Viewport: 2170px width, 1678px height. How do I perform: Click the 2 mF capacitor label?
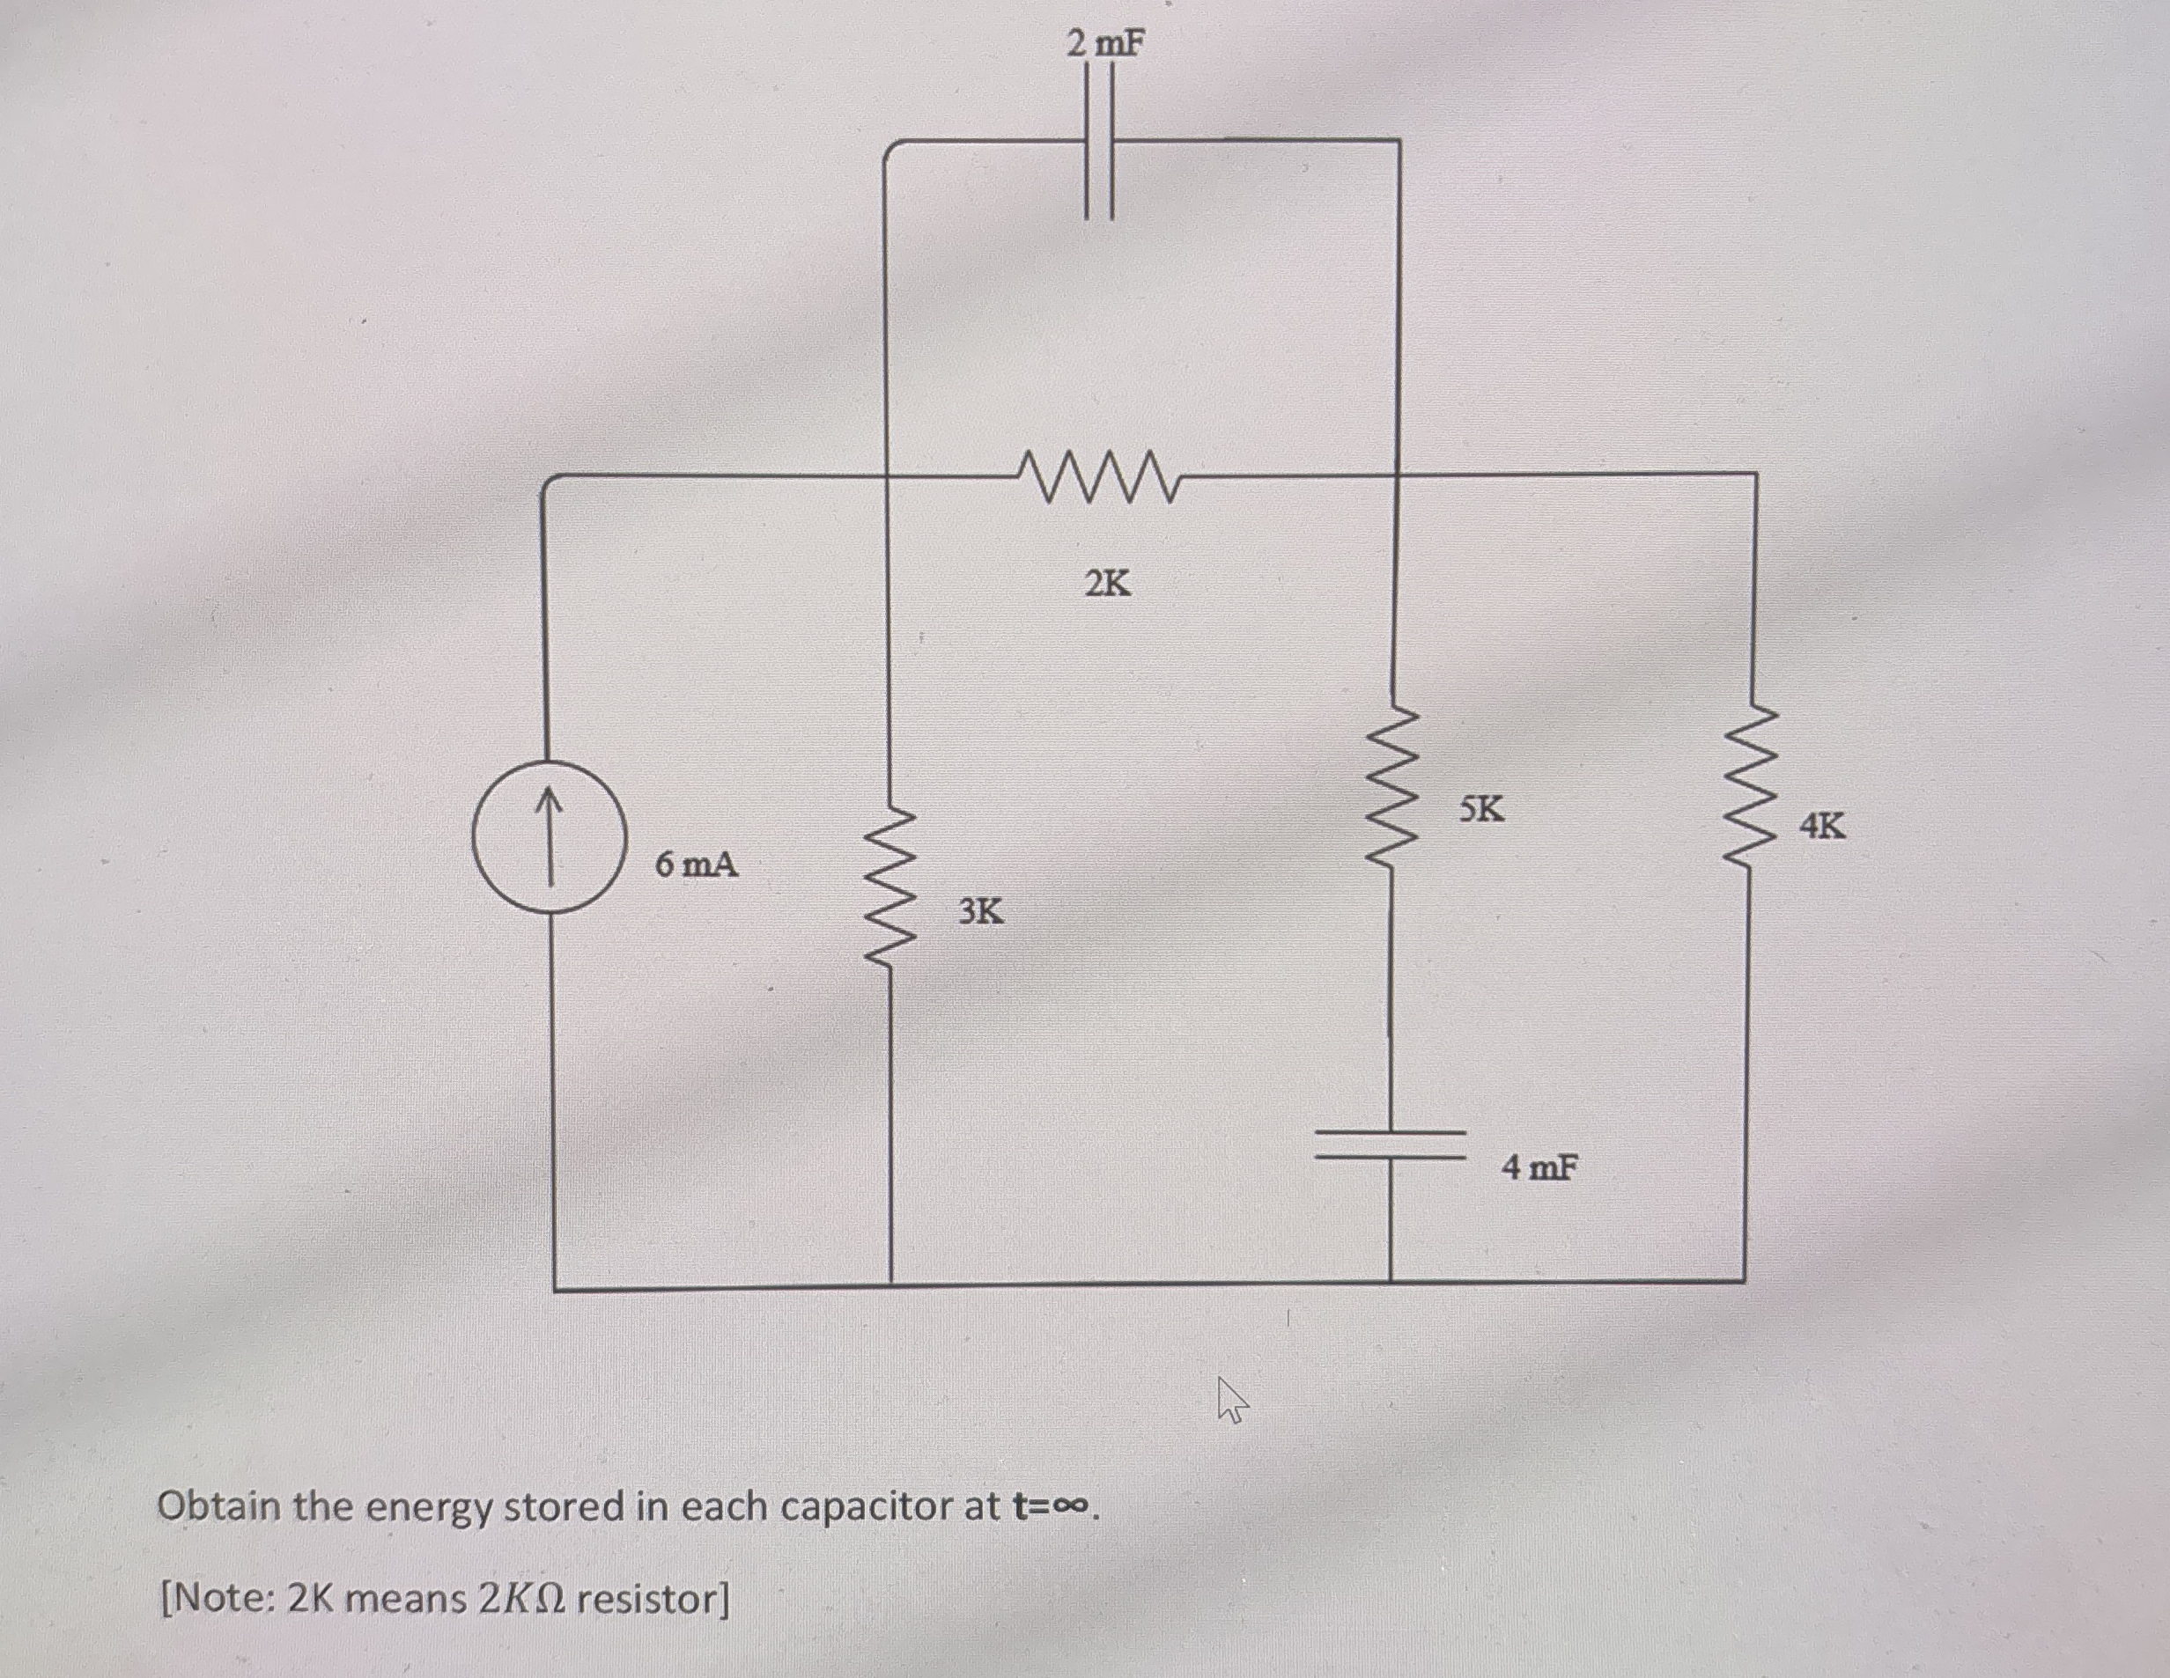coord(1105,44)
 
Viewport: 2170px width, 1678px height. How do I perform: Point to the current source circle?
coord(548,835)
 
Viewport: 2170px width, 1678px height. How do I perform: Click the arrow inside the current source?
coord(548,835)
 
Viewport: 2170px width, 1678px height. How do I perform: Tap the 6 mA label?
coord(697,865)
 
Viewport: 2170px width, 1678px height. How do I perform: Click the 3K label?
coord(981,910)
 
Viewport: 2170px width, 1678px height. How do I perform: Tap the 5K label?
coord(1481,810)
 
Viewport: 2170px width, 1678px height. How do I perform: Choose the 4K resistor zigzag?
coord(1750,788)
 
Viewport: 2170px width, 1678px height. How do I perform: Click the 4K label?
coord(1822,825)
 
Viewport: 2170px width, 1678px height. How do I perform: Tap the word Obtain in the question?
coord(218,1507)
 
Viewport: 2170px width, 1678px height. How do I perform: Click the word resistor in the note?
coord(652,1600)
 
